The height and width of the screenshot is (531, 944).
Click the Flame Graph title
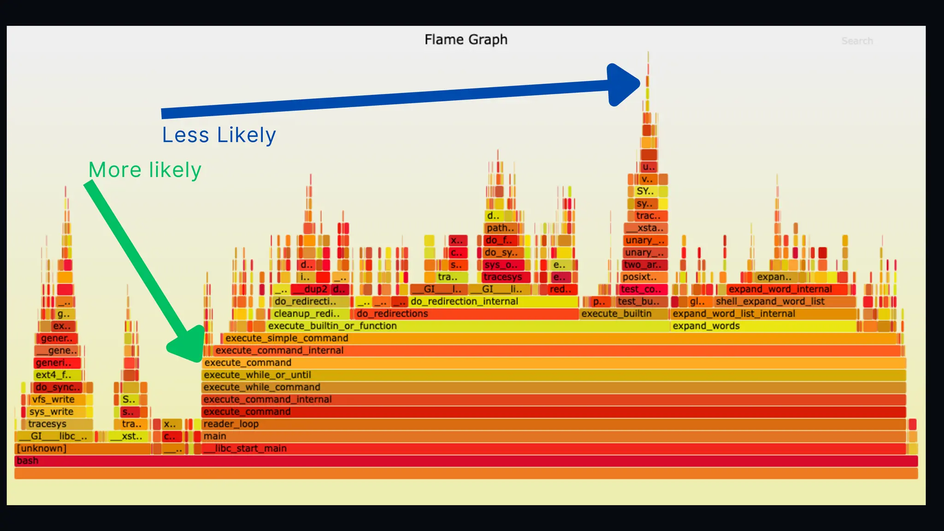[466, 40]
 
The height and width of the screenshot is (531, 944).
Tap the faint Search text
[857, 41]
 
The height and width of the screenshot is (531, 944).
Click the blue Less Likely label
[219, 135]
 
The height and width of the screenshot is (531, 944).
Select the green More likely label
[145, 170]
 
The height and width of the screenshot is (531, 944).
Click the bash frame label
[28, 460]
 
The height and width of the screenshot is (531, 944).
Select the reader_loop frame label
[231, 424]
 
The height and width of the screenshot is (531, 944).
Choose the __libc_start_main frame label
[245, 448]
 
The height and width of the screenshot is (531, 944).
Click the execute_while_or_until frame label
[257, 375]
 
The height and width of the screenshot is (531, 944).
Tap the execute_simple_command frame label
[287, 338]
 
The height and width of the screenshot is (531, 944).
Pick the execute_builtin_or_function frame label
[332, 326]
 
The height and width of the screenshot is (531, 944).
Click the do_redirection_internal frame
[464, 301]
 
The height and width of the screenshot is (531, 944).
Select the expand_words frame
[706, 326]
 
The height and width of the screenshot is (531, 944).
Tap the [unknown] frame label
[41, 448]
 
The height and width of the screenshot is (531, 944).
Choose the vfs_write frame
[53, 399]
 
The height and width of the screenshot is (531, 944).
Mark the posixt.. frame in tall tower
[640, 277]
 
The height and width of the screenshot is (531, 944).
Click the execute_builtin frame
[616, 313]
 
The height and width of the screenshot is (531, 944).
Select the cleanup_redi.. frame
[307, 313]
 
